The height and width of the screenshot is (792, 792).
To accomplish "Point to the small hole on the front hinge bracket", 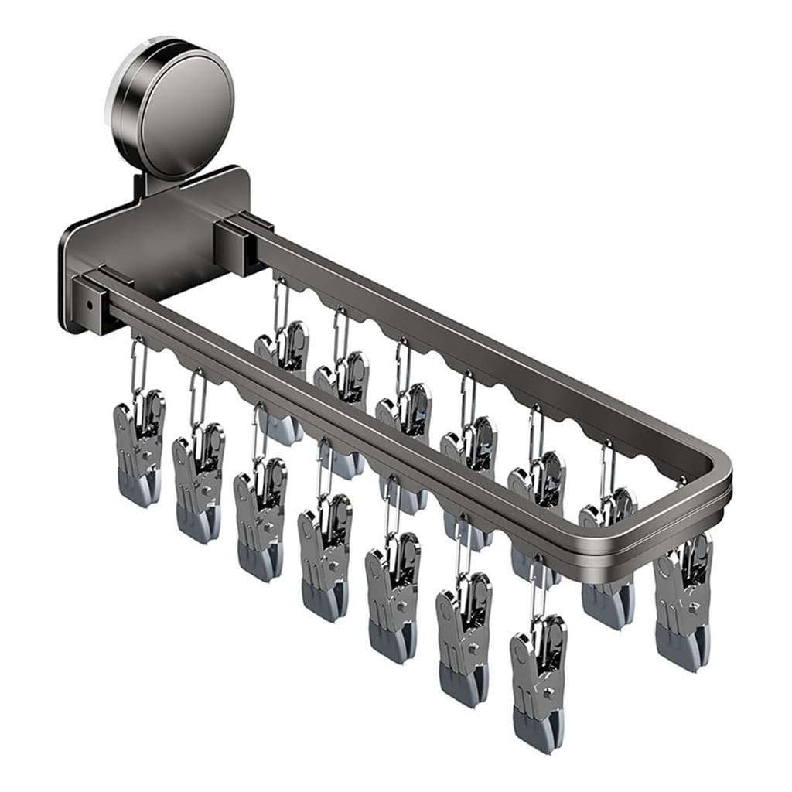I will (x=89, y=305).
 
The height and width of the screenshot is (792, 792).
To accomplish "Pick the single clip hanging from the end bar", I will (x=683, y=599).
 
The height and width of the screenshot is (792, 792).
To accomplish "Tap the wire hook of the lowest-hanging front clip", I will (x=538, y=588).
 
